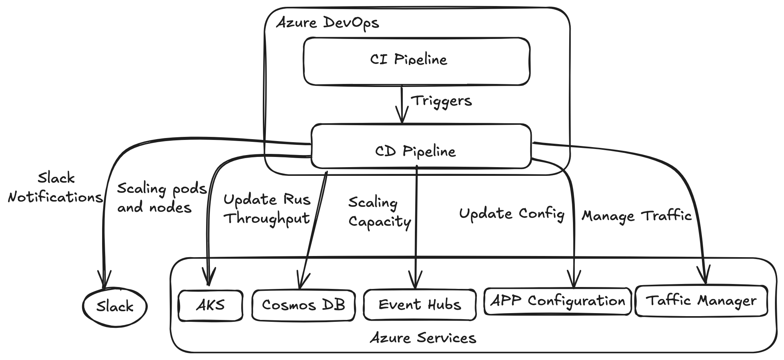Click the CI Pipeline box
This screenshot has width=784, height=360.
click(416, 61)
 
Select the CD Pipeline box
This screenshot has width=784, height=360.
click(421, 146)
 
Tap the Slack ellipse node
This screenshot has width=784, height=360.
click(115, 306)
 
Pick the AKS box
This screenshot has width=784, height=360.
click(210, 306)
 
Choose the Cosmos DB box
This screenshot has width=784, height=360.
click(303, 305)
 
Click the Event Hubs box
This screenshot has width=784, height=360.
click(419, 305)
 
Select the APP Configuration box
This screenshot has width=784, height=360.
click(557, 301)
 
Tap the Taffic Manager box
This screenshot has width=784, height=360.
click(701, 301)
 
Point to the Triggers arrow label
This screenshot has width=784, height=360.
click(441, 101)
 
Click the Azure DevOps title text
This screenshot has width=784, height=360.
click(328, 23)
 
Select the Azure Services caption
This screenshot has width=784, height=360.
click(423, 338)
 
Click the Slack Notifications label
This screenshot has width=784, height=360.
click(56, 188)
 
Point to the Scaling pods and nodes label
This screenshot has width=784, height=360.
click(161, 198)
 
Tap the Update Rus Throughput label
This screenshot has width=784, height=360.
click(267, 209)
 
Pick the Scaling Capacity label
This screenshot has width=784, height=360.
click(379, 213)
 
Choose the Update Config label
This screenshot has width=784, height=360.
click(511, 214)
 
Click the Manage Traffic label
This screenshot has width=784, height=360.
click(637, 216)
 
